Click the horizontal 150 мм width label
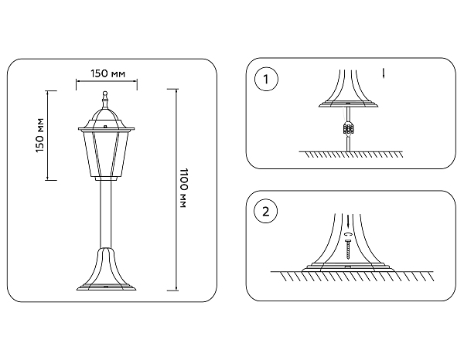click(x=107, y=73)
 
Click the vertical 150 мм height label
click(x=40, y=136)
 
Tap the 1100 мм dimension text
click(x=183, y=190)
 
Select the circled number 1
click(x=267, y=79)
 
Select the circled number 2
click(x=267, y=210)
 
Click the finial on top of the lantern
click(x=104, y=99)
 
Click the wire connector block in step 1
click(x=350, y=128)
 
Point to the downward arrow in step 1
click(x=384, y=74)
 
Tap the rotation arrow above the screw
click(x=350, y=234)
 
